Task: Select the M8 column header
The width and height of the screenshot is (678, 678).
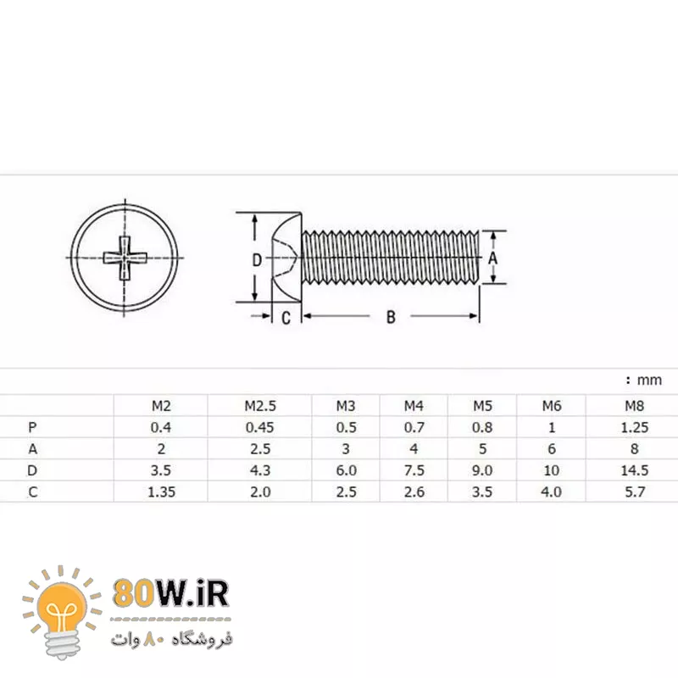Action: click(x=634, y=406)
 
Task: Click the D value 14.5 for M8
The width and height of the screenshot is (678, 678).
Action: click(x=634, y=470)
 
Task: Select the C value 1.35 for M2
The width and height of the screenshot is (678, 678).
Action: click(x=160, y=492)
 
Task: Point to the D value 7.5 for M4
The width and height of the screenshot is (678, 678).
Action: click(x=414, y=470)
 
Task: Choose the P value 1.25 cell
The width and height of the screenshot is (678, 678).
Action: click(x=634, y=427)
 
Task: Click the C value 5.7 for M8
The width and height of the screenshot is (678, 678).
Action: click(x=634, y=492)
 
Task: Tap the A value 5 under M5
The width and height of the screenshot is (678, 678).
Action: click(x=482, y=448)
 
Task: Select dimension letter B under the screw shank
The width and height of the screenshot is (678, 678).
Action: click(x=391, y=317)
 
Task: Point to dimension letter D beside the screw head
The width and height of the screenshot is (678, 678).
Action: click(x=257, y=260)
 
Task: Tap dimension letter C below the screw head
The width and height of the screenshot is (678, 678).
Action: click(x=286, y=318)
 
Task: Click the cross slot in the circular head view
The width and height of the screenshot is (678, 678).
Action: click(x=125, y=257)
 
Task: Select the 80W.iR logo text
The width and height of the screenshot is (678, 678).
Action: click(x=170, y=594)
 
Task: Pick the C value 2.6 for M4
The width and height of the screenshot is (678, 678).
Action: click(x=414, y=492)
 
